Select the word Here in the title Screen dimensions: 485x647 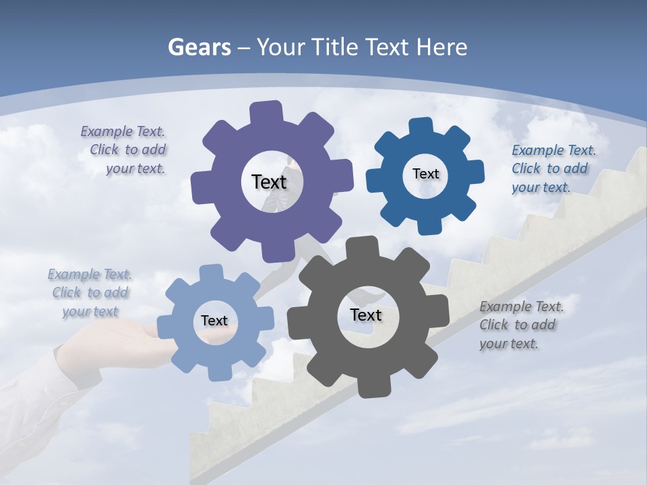441,48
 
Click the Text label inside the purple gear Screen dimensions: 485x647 269,182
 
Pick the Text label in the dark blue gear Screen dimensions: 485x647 425,174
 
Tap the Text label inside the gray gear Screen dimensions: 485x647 366,315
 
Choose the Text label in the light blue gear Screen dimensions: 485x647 214,321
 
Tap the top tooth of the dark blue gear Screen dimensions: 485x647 421,127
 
